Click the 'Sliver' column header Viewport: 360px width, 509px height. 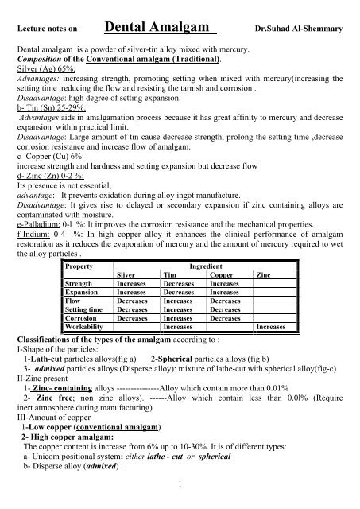[129, 273]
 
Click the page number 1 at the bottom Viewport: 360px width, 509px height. [181, 502]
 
